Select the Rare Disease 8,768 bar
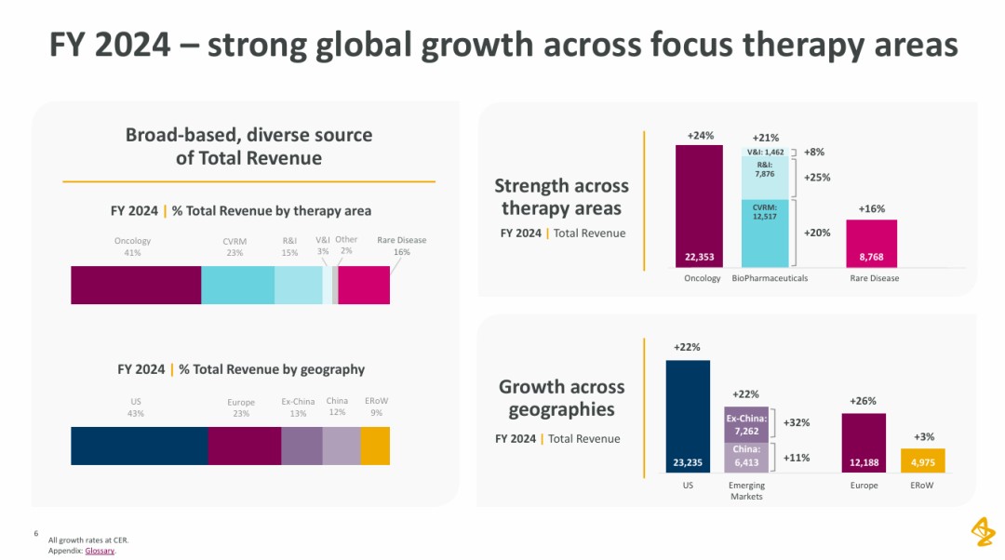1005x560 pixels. tap(871, 245)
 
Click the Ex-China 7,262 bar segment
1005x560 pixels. tap(746, 423)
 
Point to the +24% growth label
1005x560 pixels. tap(701, 136)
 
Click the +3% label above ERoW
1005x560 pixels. tap(924, 436)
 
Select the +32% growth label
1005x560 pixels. tap(797, 422)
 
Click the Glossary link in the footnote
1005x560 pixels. tap(100, 551)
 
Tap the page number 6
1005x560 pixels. tap(35, 534)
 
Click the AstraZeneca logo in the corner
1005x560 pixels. tap(983, 532)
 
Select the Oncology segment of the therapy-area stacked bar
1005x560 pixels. tap(136, 285)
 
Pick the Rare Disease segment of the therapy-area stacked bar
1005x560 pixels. tap(364, 285)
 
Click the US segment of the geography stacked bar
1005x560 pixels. tap(139, 446)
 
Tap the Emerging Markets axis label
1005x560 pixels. tap(746, 491)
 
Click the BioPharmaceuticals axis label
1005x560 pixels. tap(770, 278)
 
